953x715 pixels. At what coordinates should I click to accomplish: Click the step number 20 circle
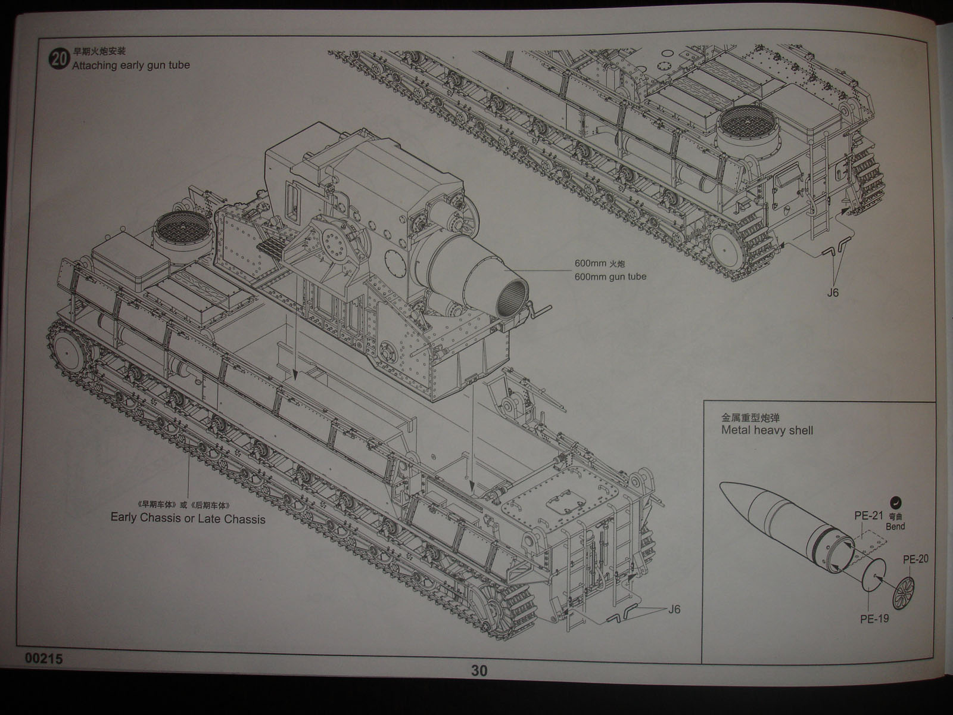(58, 60)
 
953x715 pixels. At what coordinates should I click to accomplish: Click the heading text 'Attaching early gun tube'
(130, 64)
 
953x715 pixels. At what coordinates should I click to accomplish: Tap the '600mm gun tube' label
(610, 276)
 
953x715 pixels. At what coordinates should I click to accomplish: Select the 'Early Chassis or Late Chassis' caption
(188, 518)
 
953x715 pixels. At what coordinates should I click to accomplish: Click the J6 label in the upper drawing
(833, 293)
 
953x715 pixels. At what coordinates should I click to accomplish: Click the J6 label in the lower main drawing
(674, 609)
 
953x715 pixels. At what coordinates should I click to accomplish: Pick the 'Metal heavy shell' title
(767, 430)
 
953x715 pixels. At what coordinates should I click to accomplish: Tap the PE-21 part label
(868, 516)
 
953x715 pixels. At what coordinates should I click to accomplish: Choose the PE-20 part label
(915, 559)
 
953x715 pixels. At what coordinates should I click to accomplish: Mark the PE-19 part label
(874, 618)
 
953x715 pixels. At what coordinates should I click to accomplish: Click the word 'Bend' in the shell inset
(895, 526)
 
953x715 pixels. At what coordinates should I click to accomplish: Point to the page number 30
(479, 671)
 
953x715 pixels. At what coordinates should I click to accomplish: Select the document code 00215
(44, 660)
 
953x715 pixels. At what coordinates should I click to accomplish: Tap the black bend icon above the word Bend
(895, 502)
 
